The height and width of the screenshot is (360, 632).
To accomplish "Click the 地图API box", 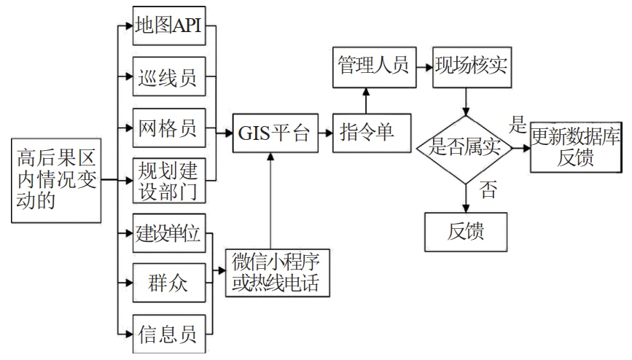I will [168, 26].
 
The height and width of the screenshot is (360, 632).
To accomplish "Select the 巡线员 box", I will [168, 77].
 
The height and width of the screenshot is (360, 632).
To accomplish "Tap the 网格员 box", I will [168, 128].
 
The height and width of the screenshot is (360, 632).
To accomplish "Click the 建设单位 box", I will [168, 233].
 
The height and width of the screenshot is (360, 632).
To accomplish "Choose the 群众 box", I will [168, 283].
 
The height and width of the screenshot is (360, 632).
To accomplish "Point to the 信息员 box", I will [168, 334].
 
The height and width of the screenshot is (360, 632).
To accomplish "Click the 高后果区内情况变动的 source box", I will [56, 179].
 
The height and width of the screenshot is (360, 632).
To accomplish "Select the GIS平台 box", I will [276, 133].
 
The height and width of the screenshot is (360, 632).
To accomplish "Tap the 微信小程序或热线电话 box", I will [277, 272].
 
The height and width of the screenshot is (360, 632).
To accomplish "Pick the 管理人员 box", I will [372, 67].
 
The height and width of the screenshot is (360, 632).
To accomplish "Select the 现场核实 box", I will [471, 67].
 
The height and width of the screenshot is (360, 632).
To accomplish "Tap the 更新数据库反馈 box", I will [576, 147].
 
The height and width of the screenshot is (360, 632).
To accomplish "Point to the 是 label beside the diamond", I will [518, 125].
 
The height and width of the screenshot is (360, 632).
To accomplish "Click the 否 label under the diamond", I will [488, 191].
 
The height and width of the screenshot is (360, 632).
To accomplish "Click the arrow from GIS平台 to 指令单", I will [326, 133].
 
